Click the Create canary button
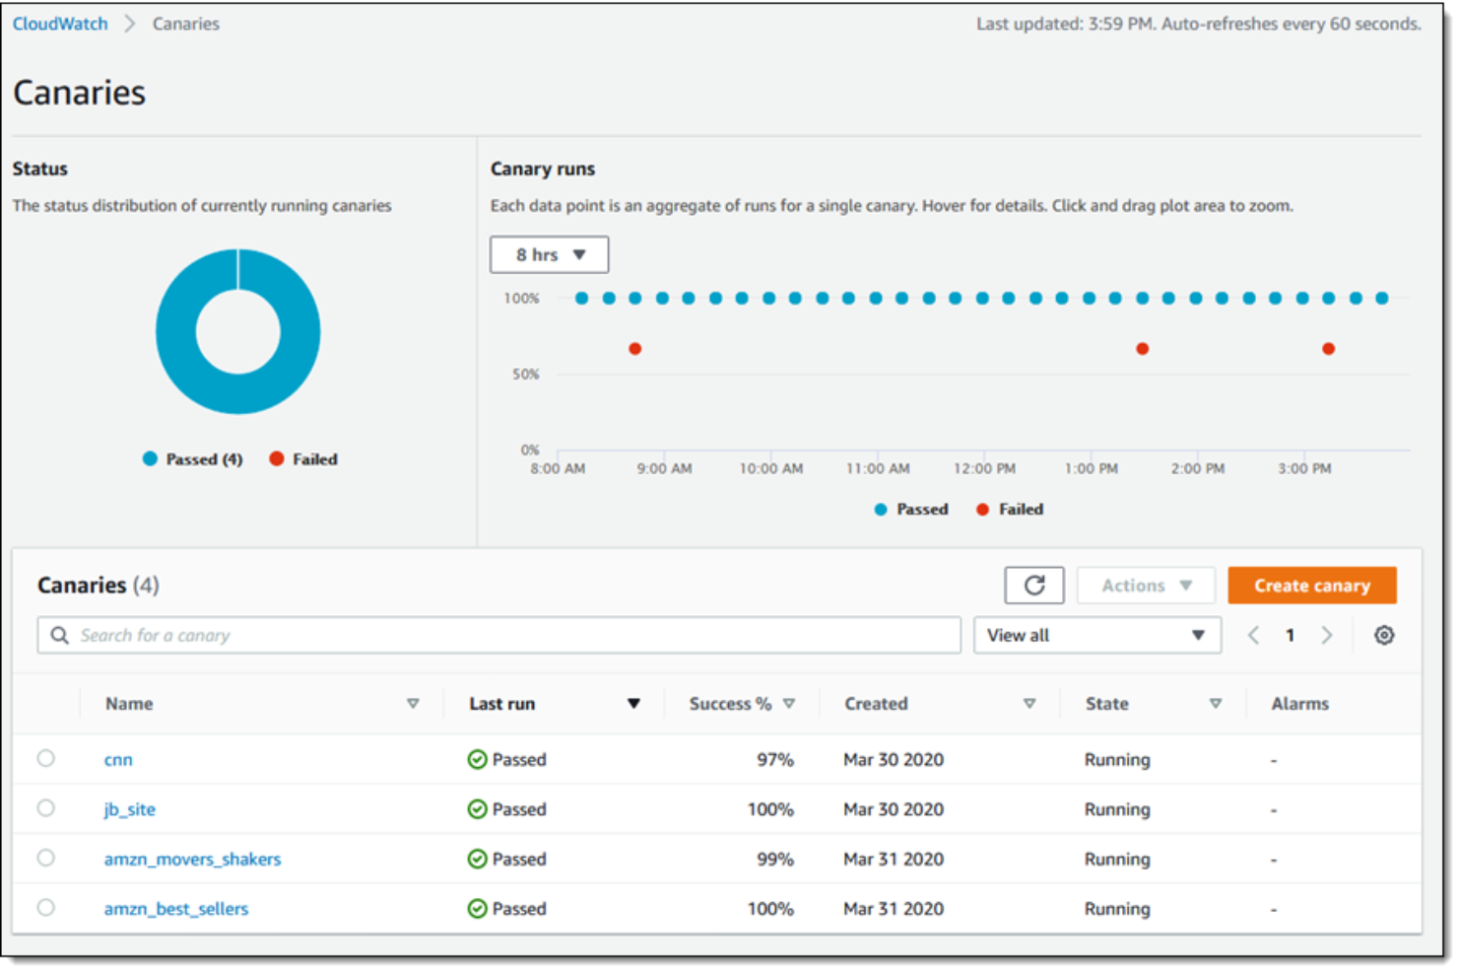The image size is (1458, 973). (x=1311, y=586)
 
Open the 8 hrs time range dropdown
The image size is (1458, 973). (x=549, y=254)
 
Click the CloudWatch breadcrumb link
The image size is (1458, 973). (x=60, y=24)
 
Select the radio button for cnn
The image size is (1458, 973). (x=46, y=758)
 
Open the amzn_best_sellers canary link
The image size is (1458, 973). (x=176, y=909)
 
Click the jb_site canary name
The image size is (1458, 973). (x=130, y=809)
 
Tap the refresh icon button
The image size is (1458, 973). (x=1033, y=586)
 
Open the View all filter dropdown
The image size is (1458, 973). (x=1096, y=636)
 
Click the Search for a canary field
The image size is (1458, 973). (x=498, y=636)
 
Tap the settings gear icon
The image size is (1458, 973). (x=1384, y=636)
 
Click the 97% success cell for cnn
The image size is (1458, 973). (x=774, y=760)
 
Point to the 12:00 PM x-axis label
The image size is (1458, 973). (x=984, y=469)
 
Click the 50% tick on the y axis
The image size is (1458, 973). (x=525, y=375)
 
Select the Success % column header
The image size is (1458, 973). (x=730, y=704)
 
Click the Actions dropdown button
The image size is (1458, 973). (x=1146, y=586)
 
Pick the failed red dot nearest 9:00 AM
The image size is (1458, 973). (x=635, y=349)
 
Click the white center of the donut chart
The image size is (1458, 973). (x=238, y=331)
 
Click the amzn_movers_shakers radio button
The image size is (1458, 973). (x=46, y=858)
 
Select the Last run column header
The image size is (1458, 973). (x=502, y=704)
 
